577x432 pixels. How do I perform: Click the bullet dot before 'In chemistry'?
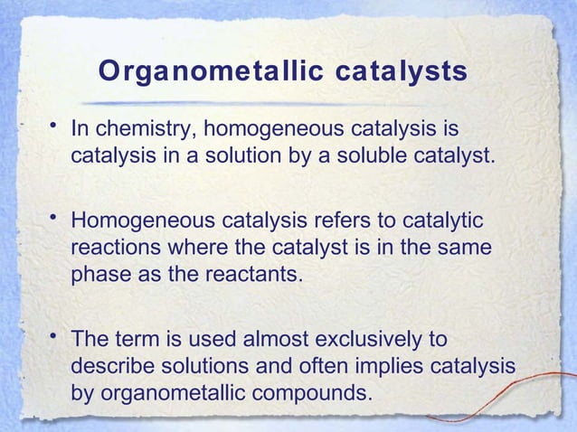(55, 126)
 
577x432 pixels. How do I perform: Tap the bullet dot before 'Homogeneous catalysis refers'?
(55, 218)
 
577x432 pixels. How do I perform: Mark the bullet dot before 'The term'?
(55, 336)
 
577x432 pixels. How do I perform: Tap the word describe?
(111, 367)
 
